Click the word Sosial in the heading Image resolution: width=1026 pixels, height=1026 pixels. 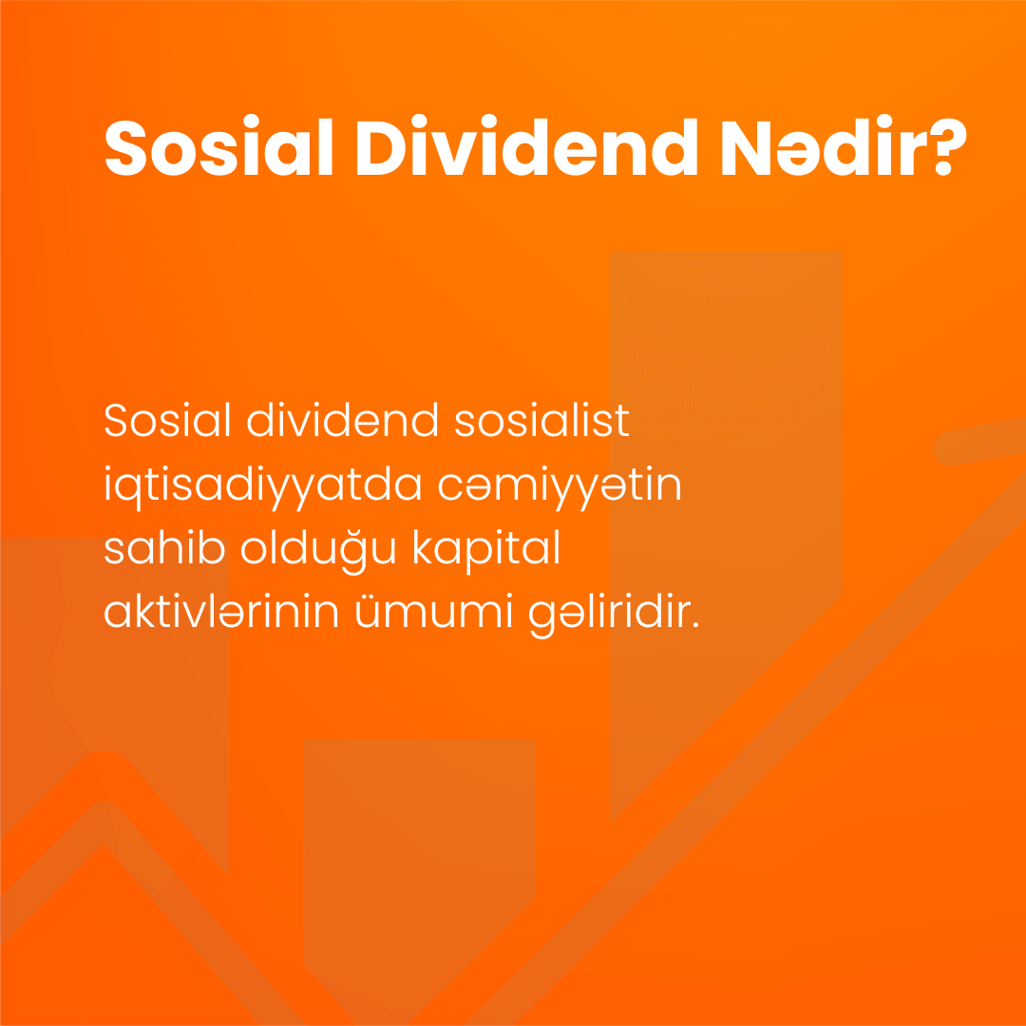point(218,147)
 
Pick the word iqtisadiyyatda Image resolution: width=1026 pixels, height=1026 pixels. point(262,487)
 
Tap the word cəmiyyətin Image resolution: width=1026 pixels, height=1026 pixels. point(560,487)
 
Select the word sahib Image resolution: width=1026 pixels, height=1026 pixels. point(164,548)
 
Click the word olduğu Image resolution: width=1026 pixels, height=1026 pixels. point(318,552)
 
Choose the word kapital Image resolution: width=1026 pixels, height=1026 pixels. point(486,550)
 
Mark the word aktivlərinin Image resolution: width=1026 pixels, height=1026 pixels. point(221,611)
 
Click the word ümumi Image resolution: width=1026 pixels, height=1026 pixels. point(432,611)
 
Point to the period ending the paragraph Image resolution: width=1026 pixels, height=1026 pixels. point(695,625)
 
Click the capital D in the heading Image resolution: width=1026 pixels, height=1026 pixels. point(382,148)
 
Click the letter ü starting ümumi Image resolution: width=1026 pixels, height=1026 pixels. point(370,613)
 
